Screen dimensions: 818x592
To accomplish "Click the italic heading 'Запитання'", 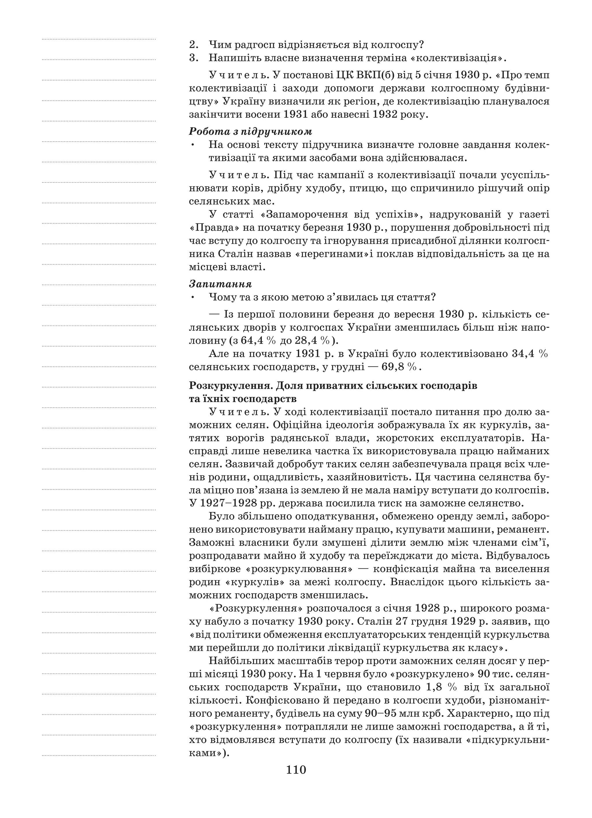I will (x=220, y=284).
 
